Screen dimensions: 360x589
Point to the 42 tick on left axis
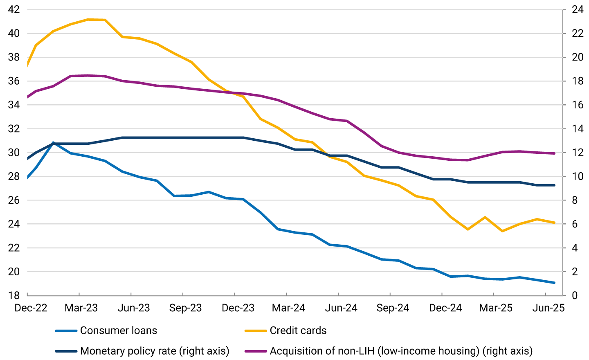coord(14,9)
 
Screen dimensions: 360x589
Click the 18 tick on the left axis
coord(14,295)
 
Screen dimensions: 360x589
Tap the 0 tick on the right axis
coord(575,295)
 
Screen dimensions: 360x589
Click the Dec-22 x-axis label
coord(31,308)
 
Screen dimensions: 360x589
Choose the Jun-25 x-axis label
coord(548,308)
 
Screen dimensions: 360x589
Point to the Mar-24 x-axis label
coord(288,308)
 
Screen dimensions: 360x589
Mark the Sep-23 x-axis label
coord(185,308)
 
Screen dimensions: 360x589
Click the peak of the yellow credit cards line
coord(88,19)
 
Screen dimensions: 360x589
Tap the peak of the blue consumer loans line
coord(53,143)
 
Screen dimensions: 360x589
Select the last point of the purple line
coord(554,153)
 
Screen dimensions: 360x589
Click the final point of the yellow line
coord(554,223)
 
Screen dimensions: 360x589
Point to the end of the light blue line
coord(554,283)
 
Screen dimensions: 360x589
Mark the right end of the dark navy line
coord(554,185)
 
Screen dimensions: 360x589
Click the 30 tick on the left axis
coord(14,153)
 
